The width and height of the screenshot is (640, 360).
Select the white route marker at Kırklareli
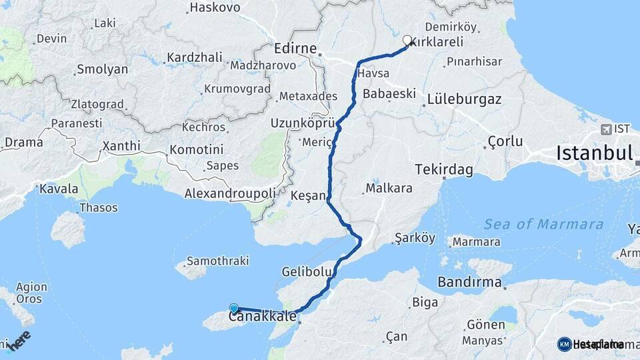[407, 40]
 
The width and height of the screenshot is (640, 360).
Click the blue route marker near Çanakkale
[234, 308]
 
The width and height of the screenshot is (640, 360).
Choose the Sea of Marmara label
[544, 224]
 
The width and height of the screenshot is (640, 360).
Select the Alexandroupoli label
[230, 193]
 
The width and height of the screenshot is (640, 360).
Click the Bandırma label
[470, 282]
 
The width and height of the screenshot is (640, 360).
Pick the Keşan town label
[307, 196]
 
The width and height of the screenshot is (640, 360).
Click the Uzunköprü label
[301, 123]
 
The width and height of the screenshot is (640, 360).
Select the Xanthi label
[121, 146]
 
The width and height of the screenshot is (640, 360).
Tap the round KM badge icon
[564, 344]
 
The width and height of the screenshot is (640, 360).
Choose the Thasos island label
[99, 208]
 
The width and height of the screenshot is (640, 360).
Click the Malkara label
[389, 188]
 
